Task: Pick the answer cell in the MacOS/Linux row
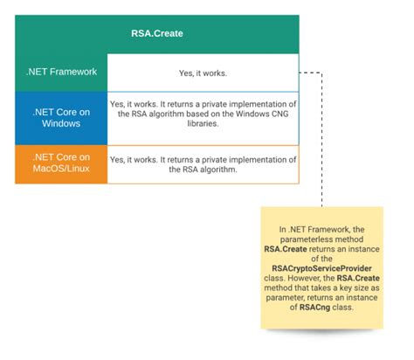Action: (x=202, y=163)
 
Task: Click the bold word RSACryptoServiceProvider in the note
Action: (x=323, y=268)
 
